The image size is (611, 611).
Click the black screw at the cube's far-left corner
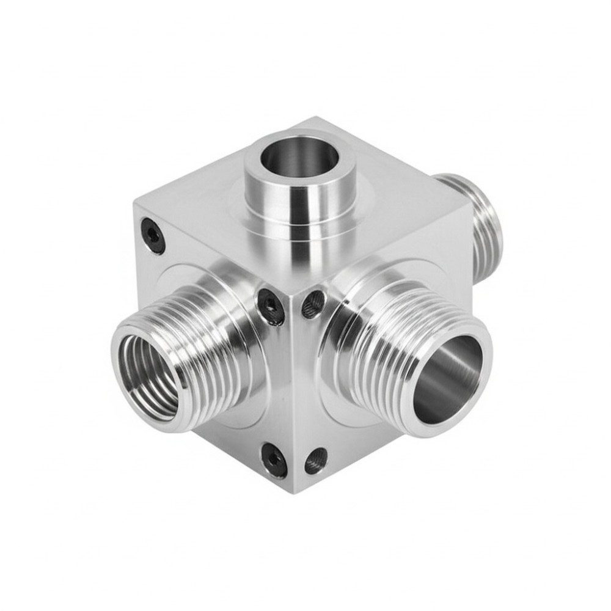(x=153, y=236)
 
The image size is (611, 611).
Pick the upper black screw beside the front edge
(x=270, y=305)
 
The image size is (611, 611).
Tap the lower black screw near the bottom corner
(x=274, y=459)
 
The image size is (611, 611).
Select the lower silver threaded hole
(x=316, y=460)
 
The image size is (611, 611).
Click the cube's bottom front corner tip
(x=294, y=492)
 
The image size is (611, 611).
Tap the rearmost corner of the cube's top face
(x=315, y=117)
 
